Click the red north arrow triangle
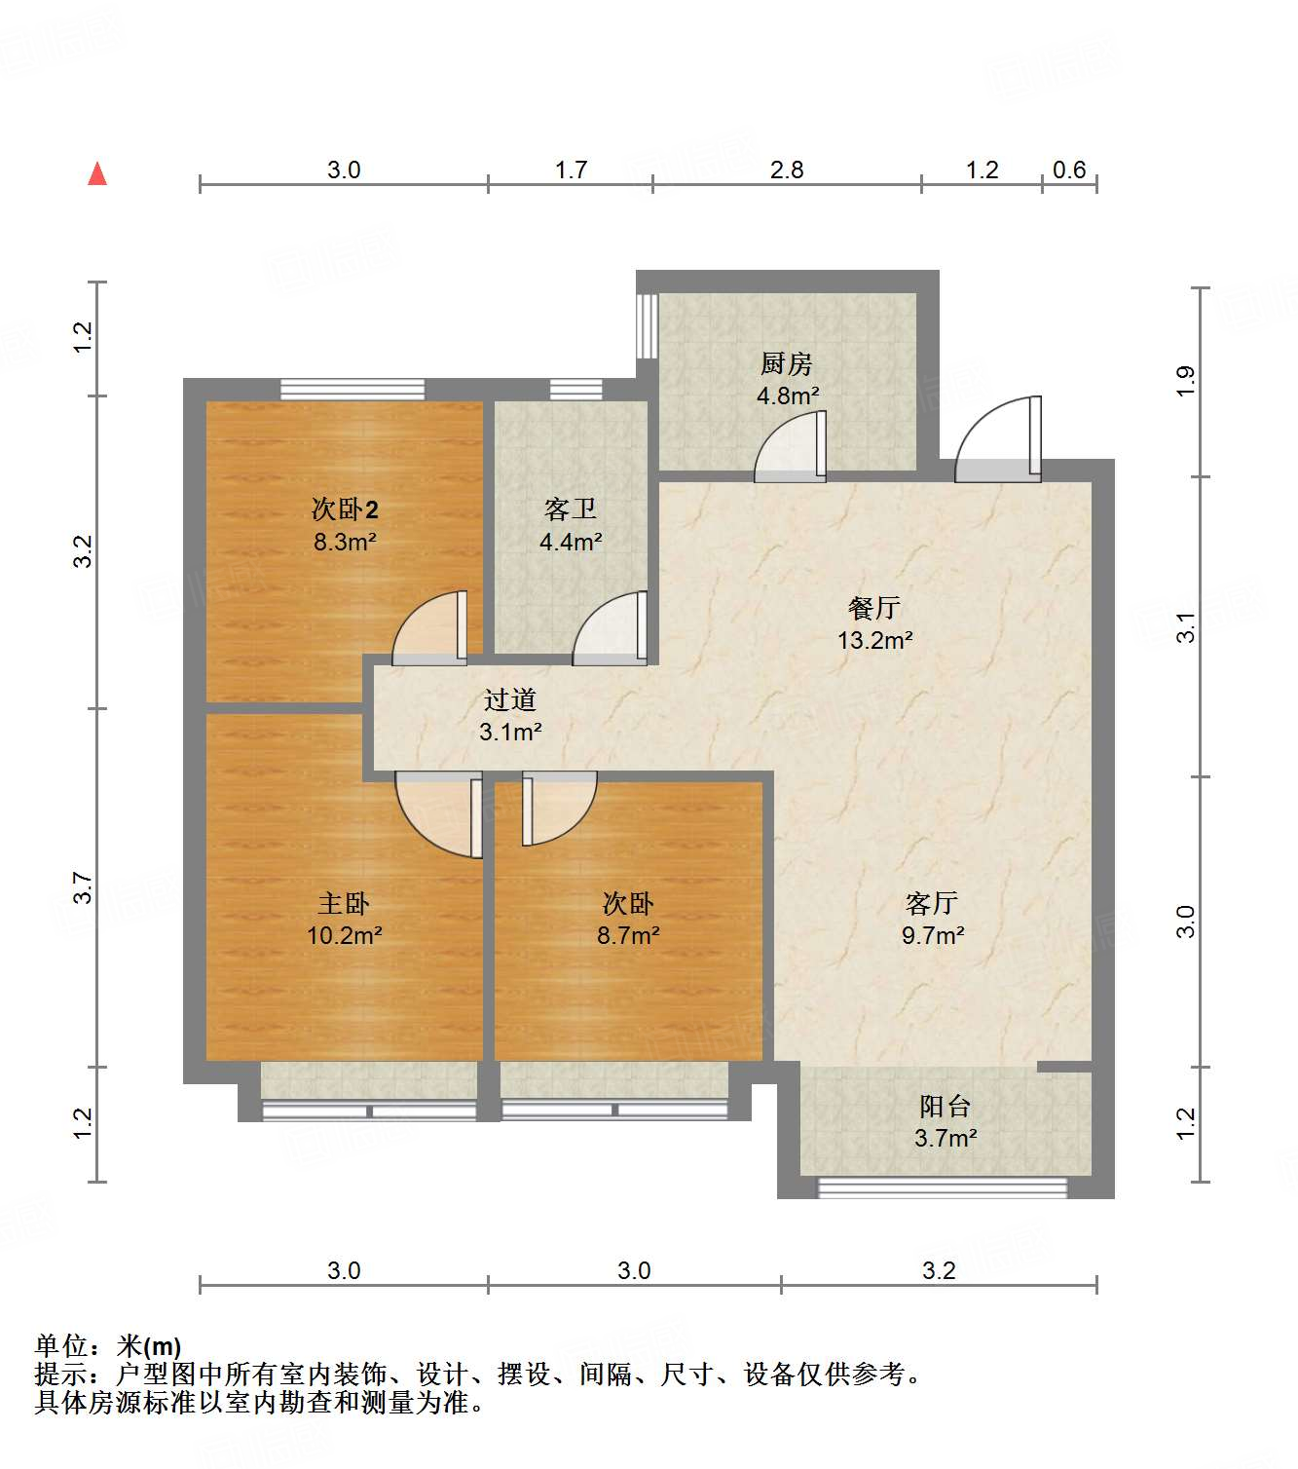point(97,174)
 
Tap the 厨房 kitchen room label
point(786,364)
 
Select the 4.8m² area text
point(788,396)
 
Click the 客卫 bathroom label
point(571,509)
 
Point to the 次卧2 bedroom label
point(345,508)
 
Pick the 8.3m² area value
point(345,542)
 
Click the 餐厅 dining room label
point(874,608)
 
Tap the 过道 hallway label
point(509,699)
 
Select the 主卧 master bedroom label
point(344,903)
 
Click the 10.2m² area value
point(344,936)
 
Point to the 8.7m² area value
point(628,936)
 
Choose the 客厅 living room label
point(932,903)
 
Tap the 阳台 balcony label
point(945,1106)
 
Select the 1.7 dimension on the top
point(571,170)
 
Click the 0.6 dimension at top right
point(1069,170)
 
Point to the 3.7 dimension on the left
point(83,887)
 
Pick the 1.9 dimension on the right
point(1185,381)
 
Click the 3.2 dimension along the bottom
point(939,1270)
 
